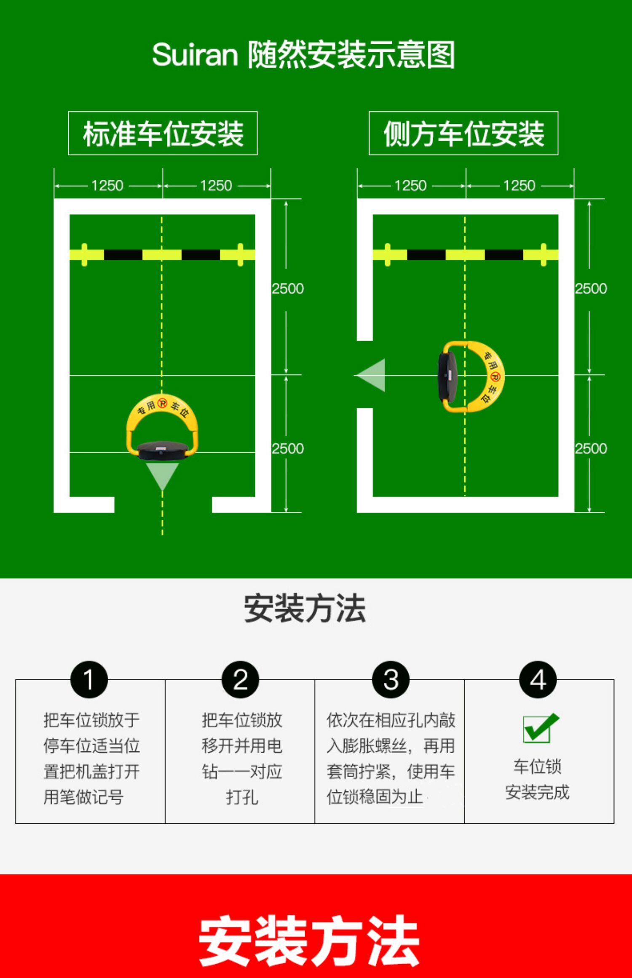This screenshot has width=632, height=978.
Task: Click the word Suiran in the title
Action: (x=195, y=55)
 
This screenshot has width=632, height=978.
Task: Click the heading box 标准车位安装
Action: (x=163, y=134)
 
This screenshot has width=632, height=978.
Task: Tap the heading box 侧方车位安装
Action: (x=463, y=134)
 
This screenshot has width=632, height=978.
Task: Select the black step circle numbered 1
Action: (x=89, y=679)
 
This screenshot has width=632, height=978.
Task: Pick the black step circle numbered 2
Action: (x=240, y=679)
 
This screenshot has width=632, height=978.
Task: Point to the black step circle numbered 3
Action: (x=391, y=679)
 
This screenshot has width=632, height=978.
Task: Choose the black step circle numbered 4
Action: (x=538, y=679)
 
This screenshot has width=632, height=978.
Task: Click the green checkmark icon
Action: (x=540, y=728)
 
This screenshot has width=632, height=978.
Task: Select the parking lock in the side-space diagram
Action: (x=470, y=376)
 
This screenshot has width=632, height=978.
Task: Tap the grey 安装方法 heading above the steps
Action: (x=305, y=608)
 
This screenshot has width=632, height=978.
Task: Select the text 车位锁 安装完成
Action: (x=537, y=780)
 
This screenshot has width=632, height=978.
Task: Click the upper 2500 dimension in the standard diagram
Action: (x=288, y=289)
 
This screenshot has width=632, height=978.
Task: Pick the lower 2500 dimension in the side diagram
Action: (x=591, y=449)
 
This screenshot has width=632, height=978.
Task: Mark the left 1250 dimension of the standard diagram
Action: (x=107, y=186)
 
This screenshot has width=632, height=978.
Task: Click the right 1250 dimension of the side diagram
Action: (x=519, y=186)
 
